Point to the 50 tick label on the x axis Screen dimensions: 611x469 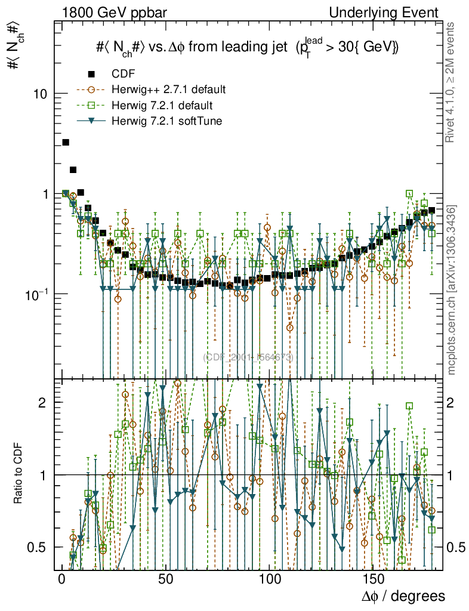(x=166, y=579)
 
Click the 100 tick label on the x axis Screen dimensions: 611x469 (x=270, y=579)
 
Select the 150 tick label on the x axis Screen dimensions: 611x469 (x=374, y=579)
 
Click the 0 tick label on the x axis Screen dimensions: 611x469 (x=62, y=579)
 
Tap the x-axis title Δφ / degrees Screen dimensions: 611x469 (x=403, y=596)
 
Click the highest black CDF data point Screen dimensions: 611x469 (x=66, y=142)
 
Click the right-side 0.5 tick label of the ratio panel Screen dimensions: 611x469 (x=458, y=547)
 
